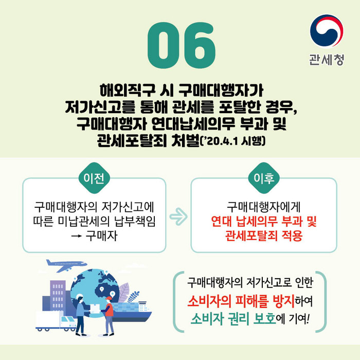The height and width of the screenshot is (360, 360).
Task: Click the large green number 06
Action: (x=182, y=45)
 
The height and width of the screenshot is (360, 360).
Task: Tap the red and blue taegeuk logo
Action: (x=327, y=31)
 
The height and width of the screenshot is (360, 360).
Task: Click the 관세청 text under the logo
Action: (x=327, y=60)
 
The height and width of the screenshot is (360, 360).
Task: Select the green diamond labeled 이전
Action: (x=94, y=178)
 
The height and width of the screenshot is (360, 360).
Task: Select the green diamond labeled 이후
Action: (x=264, y=178)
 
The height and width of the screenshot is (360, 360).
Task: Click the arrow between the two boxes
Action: (x=178, y=217)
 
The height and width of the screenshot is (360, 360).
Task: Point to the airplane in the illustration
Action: (x=66, y=265)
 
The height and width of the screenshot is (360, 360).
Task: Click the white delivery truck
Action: (x=56, y=321)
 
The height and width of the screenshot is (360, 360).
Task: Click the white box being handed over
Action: (x=95, y=309)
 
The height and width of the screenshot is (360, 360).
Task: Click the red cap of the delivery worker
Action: (x=109, y=298)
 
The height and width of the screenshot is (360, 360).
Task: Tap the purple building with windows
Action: (x=58, y=296)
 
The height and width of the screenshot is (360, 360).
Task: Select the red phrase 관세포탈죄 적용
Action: (x=263, y=236)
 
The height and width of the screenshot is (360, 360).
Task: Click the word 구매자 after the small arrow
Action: (x=101, y=236)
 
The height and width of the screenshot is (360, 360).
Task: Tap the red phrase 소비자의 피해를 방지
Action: (x=241, y=301)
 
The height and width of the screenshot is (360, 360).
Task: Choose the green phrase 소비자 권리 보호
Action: (x=233, y=319)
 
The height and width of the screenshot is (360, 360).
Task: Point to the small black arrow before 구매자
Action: (x=76, y=236)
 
